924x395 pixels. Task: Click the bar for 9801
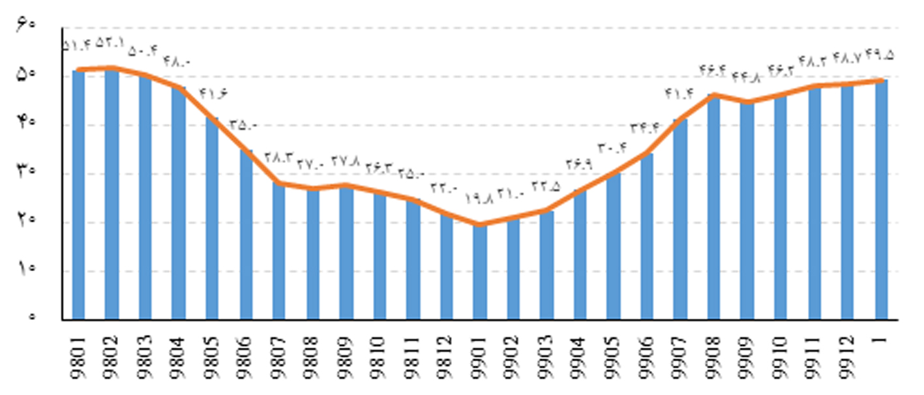[78, 196]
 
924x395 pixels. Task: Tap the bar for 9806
[246, 235]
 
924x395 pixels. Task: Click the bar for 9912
[847, 202]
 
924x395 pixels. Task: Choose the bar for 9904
[580, 254]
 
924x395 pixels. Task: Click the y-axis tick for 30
[27, 173]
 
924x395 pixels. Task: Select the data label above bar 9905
[612, 148]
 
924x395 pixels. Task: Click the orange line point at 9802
[112, 67]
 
